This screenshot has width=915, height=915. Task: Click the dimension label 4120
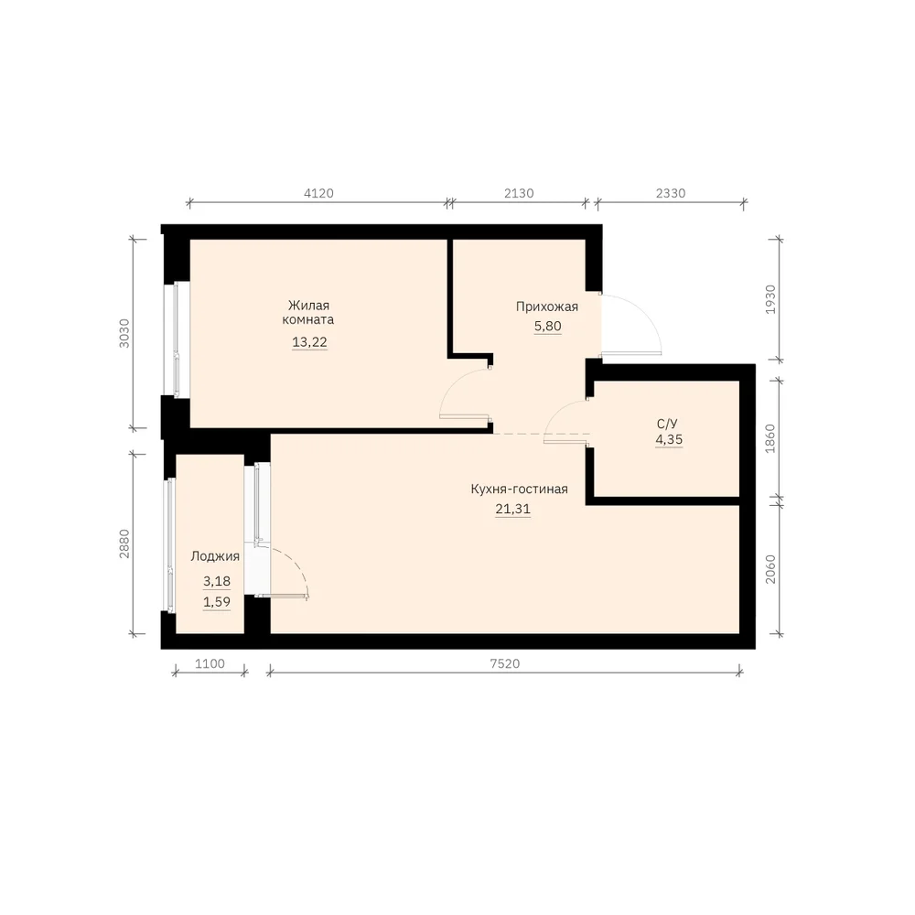coord(318,193)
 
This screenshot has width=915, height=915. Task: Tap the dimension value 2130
coord(519,193)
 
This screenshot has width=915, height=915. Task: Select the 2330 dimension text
coord(671,193)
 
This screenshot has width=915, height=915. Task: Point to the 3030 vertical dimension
coord(124,333)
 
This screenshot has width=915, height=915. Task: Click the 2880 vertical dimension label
coord(124,544)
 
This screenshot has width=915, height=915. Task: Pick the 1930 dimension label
coord(770,299)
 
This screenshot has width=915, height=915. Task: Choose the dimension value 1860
coord(770,439)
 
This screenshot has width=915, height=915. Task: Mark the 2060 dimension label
coord(770,569)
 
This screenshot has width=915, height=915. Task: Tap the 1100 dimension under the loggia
coord(210,663)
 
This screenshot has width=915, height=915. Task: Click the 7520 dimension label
coord(505,663)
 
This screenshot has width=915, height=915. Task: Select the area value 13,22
coord(309,342)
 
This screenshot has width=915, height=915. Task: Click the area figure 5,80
coord(547,327)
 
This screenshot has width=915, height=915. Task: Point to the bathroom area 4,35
coord(669,439)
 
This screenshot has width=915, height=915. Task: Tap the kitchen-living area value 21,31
coord(513,509)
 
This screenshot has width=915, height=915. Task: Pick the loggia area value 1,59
coord(217,602)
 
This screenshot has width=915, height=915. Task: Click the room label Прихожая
coord(547,307)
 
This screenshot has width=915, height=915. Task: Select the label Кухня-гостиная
coord(519,489)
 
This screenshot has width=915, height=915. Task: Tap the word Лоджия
coord(215,556)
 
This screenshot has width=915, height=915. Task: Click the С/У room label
coord(667,424)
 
